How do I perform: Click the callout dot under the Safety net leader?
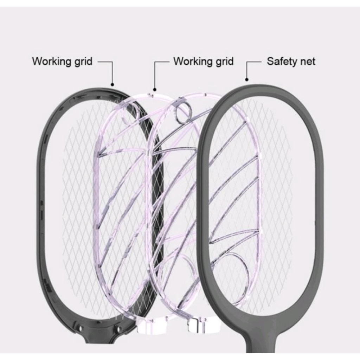click(x=246, y=80)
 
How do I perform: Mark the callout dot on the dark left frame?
click(x=112, y=84)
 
